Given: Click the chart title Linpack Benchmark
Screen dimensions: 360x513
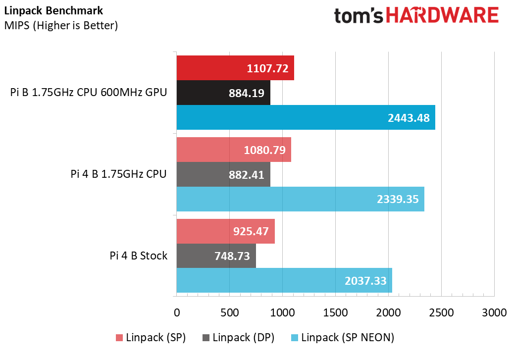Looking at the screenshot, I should tap(54, 10).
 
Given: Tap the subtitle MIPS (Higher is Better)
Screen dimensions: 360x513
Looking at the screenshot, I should tap(61, 25).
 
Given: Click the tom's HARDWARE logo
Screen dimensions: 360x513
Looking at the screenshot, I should tap(416, 16).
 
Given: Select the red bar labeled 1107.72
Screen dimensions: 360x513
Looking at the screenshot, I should tap(235, 68).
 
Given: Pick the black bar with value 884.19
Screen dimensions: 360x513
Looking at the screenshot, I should tap(223, 93).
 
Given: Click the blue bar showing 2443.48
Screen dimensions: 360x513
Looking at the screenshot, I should tap(306, 117).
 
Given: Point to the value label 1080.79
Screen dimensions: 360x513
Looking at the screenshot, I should tap(264, 150).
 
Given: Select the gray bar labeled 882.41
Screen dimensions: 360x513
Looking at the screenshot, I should tap(223, 174).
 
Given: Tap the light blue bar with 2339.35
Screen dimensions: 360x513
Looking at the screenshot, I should tap(300, 199).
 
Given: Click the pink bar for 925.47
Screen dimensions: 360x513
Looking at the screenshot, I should tap(225, 231).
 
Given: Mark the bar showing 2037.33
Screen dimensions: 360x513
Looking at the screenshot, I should tap(284, 281).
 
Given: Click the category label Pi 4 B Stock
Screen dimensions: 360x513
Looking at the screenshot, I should tap(139, 256).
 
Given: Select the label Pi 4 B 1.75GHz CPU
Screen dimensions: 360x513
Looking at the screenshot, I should tap(118, 174).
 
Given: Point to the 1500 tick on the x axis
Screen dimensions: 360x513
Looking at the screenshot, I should tap(335, 313).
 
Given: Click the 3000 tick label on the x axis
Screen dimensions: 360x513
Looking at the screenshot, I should tap(494, 313).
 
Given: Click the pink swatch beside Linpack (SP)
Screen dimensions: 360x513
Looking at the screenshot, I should tap(119, 338).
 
